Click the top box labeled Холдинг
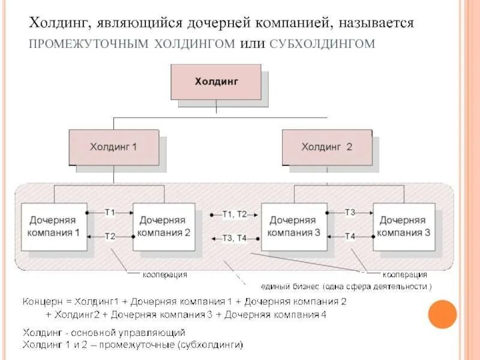pos(216,82)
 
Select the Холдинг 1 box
pos(113,147)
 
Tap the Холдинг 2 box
pos(326,147)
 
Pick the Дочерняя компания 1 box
pos(53,227)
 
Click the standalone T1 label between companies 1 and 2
pos(110,212)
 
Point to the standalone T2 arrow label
pos(110,236)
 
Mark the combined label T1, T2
pos(234,214)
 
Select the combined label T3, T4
pos(234,238)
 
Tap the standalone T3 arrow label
pos(350,212)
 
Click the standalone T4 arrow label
pos(350,236)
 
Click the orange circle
pos(443,314)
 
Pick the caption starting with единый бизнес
pos(346,286)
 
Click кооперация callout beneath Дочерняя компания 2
pos(164,274)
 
